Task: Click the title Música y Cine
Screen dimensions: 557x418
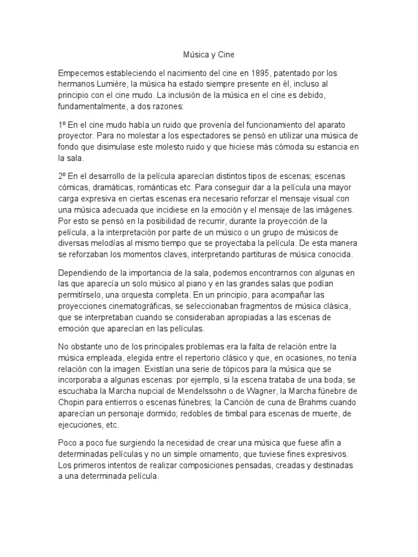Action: [208, 55]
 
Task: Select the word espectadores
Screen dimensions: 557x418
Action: [200, 135]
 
